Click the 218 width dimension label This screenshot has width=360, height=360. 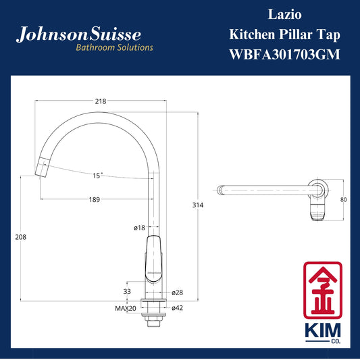click(101, 101)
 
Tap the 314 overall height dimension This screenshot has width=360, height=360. click(198, 205)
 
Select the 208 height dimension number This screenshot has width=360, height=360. click(21, 237)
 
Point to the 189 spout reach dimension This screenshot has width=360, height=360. click(95, 199)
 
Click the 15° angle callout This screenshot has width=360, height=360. click(97, 176)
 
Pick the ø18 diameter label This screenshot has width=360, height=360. click(139, 228)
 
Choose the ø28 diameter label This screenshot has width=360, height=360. click(177, 292)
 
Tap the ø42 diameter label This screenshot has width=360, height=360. click(177, 308)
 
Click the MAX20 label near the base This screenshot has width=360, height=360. click(126, 309)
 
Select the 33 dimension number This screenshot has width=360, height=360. click(127, 291)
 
